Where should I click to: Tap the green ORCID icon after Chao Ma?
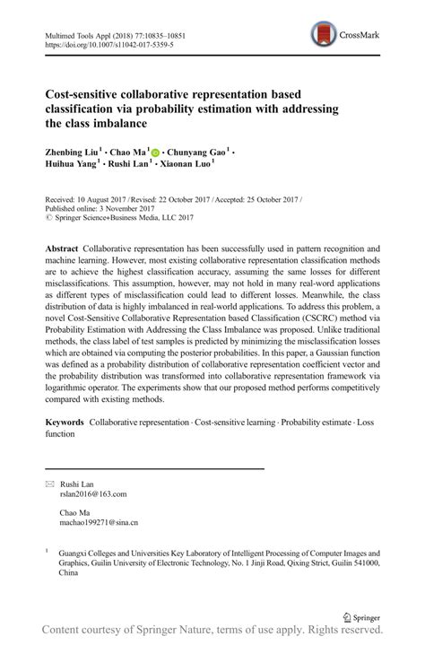[x=155, y=153]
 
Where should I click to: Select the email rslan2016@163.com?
[x=93, y=493]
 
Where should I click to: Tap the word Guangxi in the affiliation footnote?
[x=74, y=553]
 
